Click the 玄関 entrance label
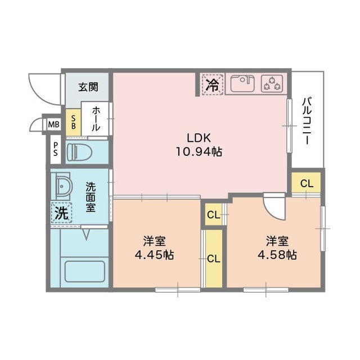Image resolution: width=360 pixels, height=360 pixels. pos(88,87)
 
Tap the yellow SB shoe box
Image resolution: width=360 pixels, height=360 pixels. pos(73,122)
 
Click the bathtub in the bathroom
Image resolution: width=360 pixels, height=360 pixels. pos(85,272)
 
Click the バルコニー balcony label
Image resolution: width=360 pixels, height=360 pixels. pos(308,121)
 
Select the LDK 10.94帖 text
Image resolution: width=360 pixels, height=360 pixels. pos(200,145)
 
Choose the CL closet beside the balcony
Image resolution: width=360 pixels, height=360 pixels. pos(306,183)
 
